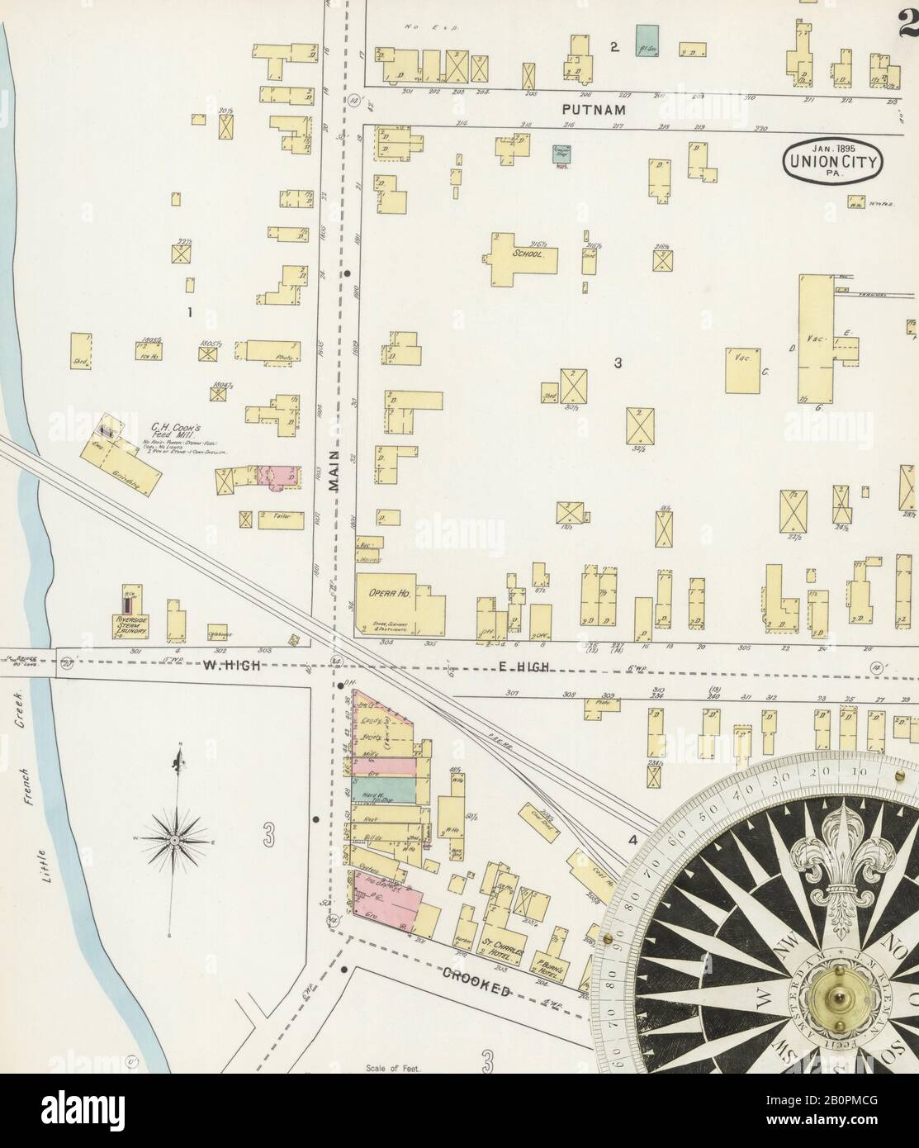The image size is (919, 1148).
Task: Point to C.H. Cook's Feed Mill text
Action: (173, 430)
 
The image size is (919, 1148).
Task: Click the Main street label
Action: (334, 479)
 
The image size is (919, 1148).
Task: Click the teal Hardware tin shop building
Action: (388, 790)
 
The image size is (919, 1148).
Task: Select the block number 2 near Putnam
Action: (614, 47)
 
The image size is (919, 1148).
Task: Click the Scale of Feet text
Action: (393, 1069)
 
